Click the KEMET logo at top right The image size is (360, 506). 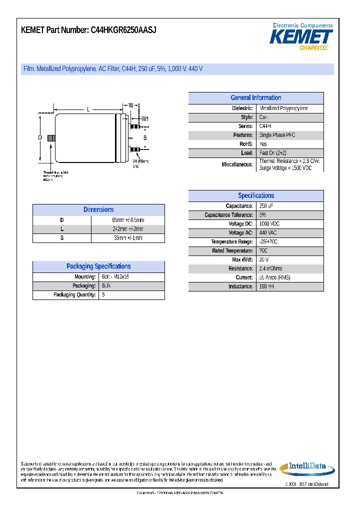[301, 36]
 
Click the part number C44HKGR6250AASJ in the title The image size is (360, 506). [123, 30]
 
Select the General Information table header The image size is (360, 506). [255, 98]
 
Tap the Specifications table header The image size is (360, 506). [255, 196]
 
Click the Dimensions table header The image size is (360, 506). [98, 210]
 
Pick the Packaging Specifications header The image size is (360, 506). [98, 266]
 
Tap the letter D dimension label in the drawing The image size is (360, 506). [39, 137]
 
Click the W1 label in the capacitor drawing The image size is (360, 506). [145, 118]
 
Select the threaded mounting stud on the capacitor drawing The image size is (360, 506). [50, 138]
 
